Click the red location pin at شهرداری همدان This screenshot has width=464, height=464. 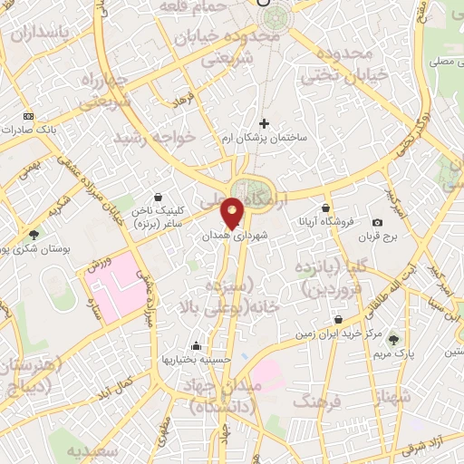tap(232, 212)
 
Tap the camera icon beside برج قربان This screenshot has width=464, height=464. tap(377, 222)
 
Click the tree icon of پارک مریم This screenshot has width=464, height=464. tap(392, 340)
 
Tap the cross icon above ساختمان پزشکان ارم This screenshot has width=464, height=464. tap(265, 123)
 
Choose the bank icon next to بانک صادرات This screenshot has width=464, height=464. tap(27, 117)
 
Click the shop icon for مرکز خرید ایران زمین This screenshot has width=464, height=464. tap(338, 319)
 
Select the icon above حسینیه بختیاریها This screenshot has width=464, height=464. tap(197, 345)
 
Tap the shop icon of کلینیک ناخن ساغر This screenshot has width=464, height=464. tap(159, 197)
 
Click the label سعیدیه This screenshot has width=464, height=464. tap(93, 450)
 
